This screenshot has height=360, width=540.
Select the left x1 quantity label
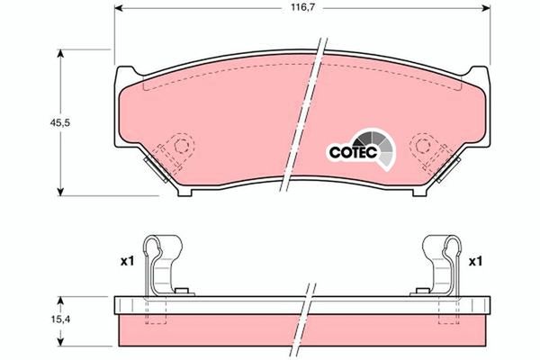tap(127, 261)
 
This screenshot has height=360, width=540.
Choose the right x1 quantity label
tap(475, 261)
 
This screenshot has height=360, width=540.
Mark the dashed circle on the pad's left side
tap(183, 146)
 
